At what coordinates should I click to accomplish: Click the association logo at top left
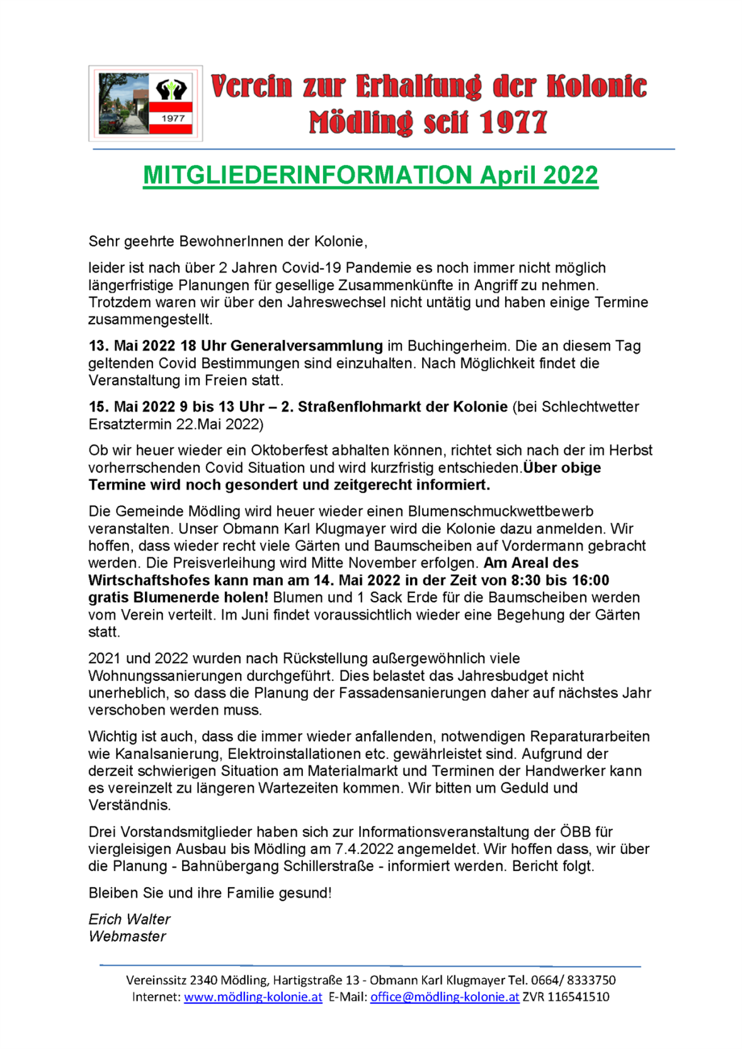[x=145, y=103]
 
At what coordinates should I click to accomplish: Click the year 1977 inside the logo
[x=173, y=118]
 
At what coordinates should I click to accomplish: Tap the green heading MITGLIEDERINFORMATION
[x=307, y=175]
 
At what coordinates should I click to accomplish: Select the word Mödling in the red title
[x=360, y=122]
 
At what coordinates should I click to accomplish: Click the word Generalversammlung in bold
[x=306, y=345]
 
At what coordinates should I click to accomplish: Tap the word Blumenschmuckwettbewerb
[x=500, y=511]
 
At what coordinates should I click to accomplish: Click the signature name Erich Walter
[x=129, y=919]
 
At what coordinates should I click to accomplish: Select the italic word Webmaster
[x=127, y=936]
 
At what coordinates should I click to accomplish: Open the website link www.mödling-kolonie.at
[x=253, y=997]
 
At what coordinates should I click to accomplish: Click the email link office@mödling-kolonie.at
[x=444, y=997]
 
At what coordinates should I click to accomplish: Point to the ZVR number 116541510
[x=578, y=997]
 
